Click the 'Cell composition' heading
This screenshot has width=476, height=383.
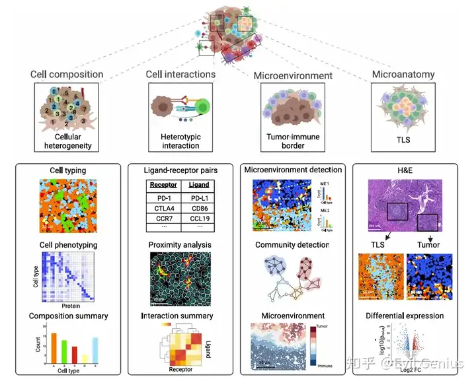tap(67, 74)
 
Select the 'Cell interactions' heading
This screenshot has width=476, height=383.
tap(180, 74)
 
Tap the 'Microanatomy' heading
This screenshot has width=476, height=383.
tap(403, 74)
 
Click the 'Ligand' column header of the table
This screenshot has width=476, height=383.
tap(199, 185)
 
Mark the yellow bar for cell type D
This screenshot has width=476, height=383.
tap(85, 357)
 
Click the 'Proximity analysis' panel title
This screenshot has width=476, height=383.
tap(180, 245)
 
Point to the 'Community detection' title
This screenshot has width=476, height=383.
tap(293, 245)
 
